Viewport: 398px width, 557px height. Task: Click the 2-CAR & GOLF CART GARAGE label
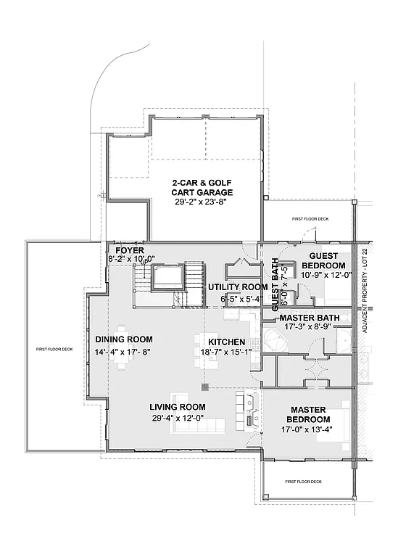coord(202,187)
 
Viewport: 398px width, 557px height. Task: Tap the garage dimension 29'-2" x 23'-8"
coord(202,203)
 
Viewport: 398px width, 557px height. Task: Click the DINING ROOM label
coord(124,339)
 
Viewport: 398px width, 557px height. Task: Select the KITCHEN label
coord(226,342)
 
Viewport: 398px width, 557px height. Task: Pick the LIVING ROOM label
coord(177,407)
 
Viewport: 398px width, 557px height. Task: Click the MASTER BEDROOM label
coord(308,415)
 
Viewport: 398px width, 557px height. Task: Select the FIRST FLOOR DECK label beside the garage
coord(310,218)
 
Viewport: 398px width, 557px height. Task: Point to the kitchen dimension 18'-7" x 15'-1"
coord(226,352)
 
